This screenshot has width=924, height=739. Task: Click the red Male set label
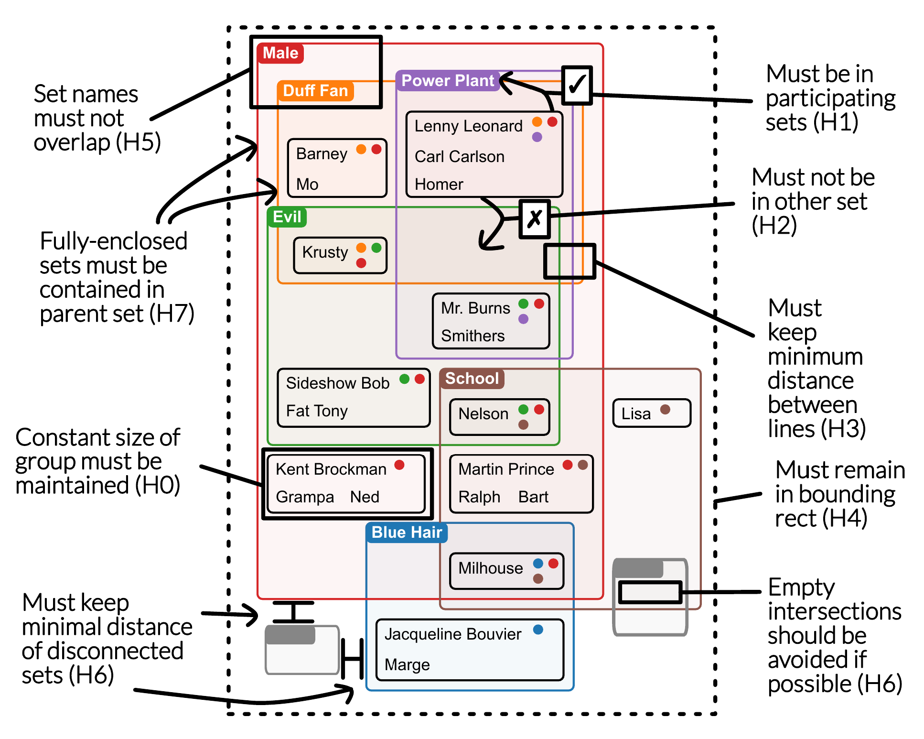[280, 53]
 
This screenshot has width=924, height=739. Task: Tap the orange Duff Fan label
[315, 91]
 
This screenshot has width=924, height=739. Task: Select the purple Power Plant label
[448, 81]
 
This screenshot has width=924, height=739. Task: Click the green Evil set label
[287, 217]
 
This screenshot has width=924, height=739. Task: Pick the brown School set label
[472, 379]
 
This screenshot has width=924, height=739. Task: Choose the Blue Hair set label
[407, 533]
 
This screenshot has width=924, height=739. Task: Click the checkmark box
[577, 85]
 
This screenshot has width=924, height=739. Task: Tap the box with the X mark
[535, 219]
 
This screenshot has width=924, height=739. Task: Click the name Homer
[439, 185]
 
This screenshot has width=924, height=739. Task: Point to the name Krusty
[325, 252]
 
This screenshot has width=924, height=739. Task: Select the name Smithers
[473, 336]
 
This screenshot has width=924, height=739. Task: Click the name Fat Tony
[317, 411]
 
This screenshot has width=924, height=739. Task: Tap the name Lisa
[636, 414]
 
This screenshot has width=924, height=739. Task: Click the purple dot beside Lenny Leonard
[537, 137]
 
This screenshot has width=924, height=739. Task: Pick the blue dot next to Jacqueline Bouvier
[538, 630]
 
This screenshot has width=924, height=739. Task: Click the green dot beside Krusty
[376, 248]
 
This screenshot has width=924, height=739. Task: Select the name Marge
[407, 665]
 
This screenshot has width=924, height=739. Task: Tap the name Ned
[365, 497]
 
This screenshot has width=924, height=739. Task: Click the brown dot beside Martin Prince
[583, 465]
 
